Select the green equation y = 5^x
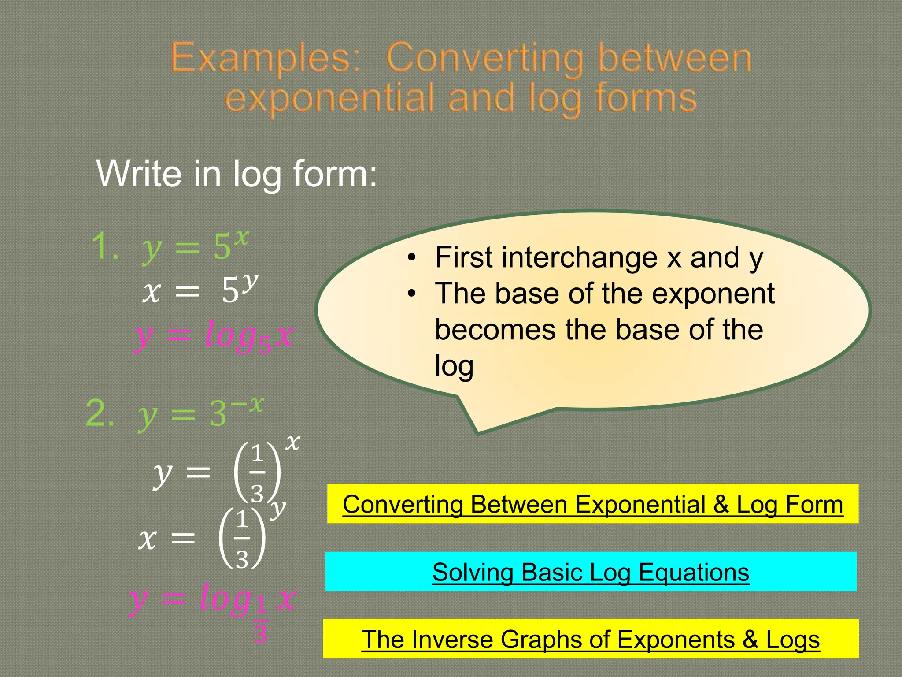[x=195, y=246]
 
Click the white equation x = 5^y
[x=200, y=289]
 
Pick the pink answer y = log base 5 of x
[x=214, y=337]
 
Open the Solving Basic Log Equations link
[x=591, y=572]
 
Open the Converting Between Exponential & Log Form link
[x=593, y=504]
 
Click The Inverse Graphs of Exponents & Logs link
[x=591, y=639]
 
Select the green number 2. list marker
[x=100, y=413]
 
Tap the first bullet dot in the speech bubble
[x=411, y=258]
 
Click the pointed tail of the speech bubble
[x=477, y=428]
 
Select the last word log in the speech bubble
[x=454, y=366]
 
